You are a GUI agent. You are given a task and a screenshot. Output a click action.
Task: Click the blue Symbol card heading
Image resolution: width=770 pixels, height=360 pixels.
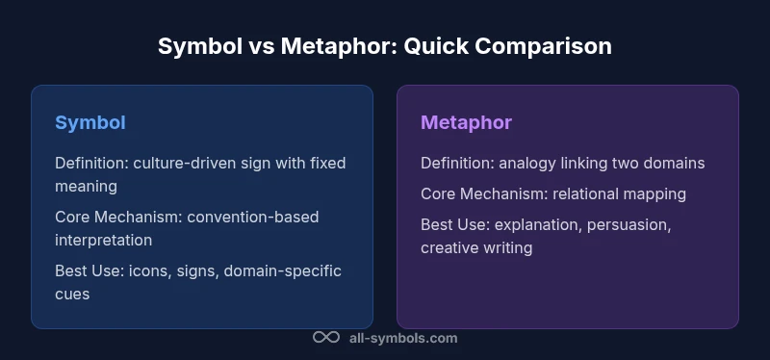90,122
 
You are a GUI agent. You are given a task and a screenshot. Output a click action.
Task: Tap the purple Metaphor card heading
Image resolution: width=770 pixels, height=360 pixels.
466,122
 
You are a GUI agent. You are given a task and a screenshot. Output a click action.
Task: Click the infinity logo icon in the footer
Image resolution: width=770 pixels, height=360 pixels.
326,338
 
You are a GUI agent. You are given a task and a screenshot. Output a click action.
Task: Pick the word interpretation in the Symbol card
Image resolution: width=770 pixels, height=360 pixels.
104,240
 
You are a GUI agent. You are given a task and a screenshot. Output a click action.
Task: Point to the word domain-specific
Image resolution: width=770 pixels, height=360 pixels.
282,270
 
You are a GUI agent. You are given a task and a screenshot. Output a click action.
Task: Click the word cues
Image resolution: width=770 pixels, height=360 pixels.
72,294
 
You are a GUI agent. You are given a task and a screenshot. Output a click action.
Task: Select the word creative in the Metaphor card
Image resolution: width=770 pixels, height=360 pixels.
449,247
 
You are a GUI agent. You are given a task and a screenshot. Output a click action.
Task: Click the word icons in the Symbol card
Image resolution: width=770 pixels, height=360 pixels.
149,270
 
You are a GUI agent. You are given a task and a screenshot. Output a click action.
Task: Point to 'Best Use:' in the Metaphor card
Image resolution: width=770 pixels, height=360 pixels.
452,224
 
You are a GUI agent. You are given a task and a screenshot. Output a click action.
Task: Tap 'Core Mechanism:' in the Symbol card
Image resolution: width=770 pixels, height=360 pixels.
115,217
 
